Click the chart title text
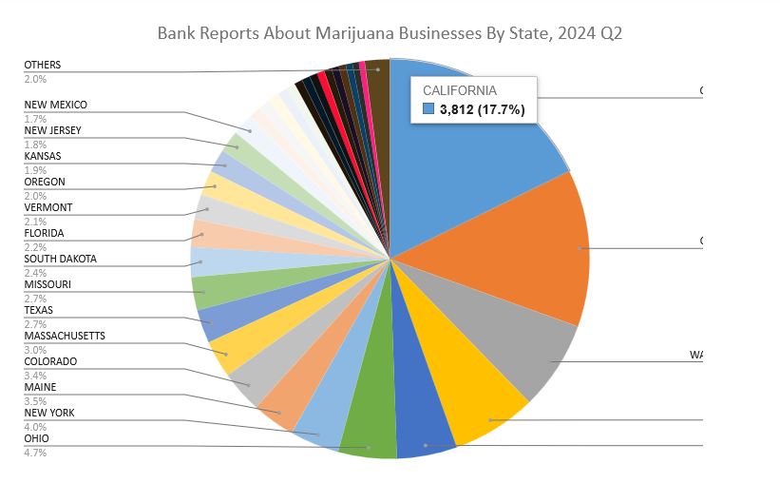390,34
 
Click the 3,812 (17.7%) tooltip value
482,109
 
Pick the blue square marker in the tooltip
428,109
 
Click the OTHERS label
43,65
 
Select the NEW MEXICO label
56,105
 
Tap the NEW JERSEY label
53,130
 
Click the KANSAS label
43,156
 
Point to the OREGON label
45,182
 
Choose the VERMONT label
48,207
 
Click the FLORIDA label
46,233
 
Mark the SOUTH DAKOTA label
61,259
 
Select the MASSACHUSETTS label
65,336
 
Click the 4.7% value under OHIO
35,453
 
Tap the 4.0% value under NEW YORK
35,427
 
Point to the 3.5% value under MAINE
35,401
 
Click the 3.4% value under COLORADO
35,376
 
